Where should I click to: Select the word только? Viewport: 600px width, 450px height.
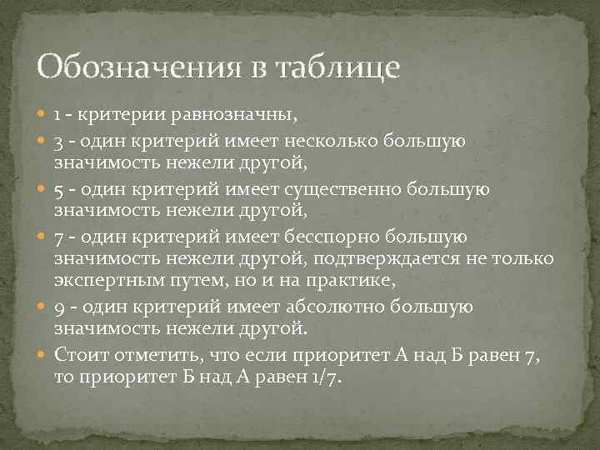pyautogui.click(x=524, y=259)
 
